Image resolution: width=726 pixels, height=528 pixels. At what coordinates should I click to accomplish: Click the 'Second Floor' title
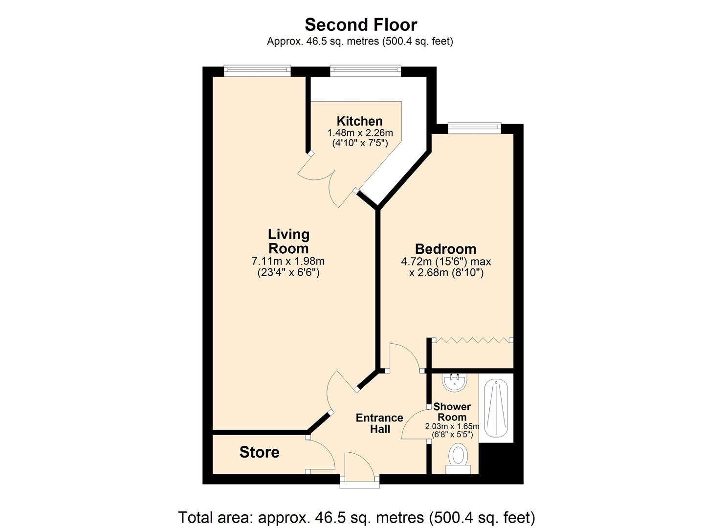tap(361, 24)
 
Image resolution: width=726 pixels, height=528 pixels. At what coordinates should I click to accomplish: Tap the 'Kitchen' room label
tap(359, 121)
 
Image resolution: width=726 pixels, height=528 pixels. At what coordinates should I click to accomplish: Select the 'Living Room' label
tap(288, 241)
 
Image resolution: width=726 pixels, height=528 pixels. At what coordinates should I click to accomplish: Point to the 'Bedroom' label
tap(445, 249)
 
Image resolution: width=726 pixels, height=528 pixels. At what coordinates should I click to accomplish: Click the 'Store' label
tap(259, 452)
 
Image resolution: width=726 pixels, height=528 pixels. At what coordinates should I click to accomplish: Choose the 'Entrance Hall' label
tap(379, 423)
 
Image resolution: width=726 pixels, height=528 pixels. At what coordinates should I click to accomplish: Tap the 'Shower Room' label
tap(452, 412)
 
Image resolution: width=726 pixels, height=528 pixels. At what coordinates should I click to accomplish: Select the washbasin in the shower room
tap(455, 381)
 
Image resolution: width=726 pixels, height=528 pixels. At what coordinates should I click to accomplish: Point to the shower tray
tap(496, 408)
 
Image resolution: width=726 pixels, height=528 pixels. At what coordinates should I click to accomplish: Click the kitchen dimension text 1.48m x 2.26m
tap(360, 133)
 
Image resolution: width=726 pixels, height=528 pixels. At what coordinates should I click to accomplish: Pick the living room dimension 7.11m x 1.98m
tap(288, 262)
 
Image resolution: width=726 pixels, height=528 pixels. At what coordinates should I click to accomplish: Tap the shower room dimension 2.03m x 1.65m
tap(452, 426)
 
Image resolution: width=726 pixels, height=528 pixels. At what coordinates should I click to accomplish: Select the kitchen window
tap(366, 71)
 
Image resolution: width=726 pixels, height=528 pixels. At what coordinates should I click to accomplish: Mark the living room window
tap(257, 71)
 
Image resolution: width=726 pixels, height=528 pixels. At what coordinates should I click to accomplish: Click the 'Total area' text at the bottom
tap(356, 517)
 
